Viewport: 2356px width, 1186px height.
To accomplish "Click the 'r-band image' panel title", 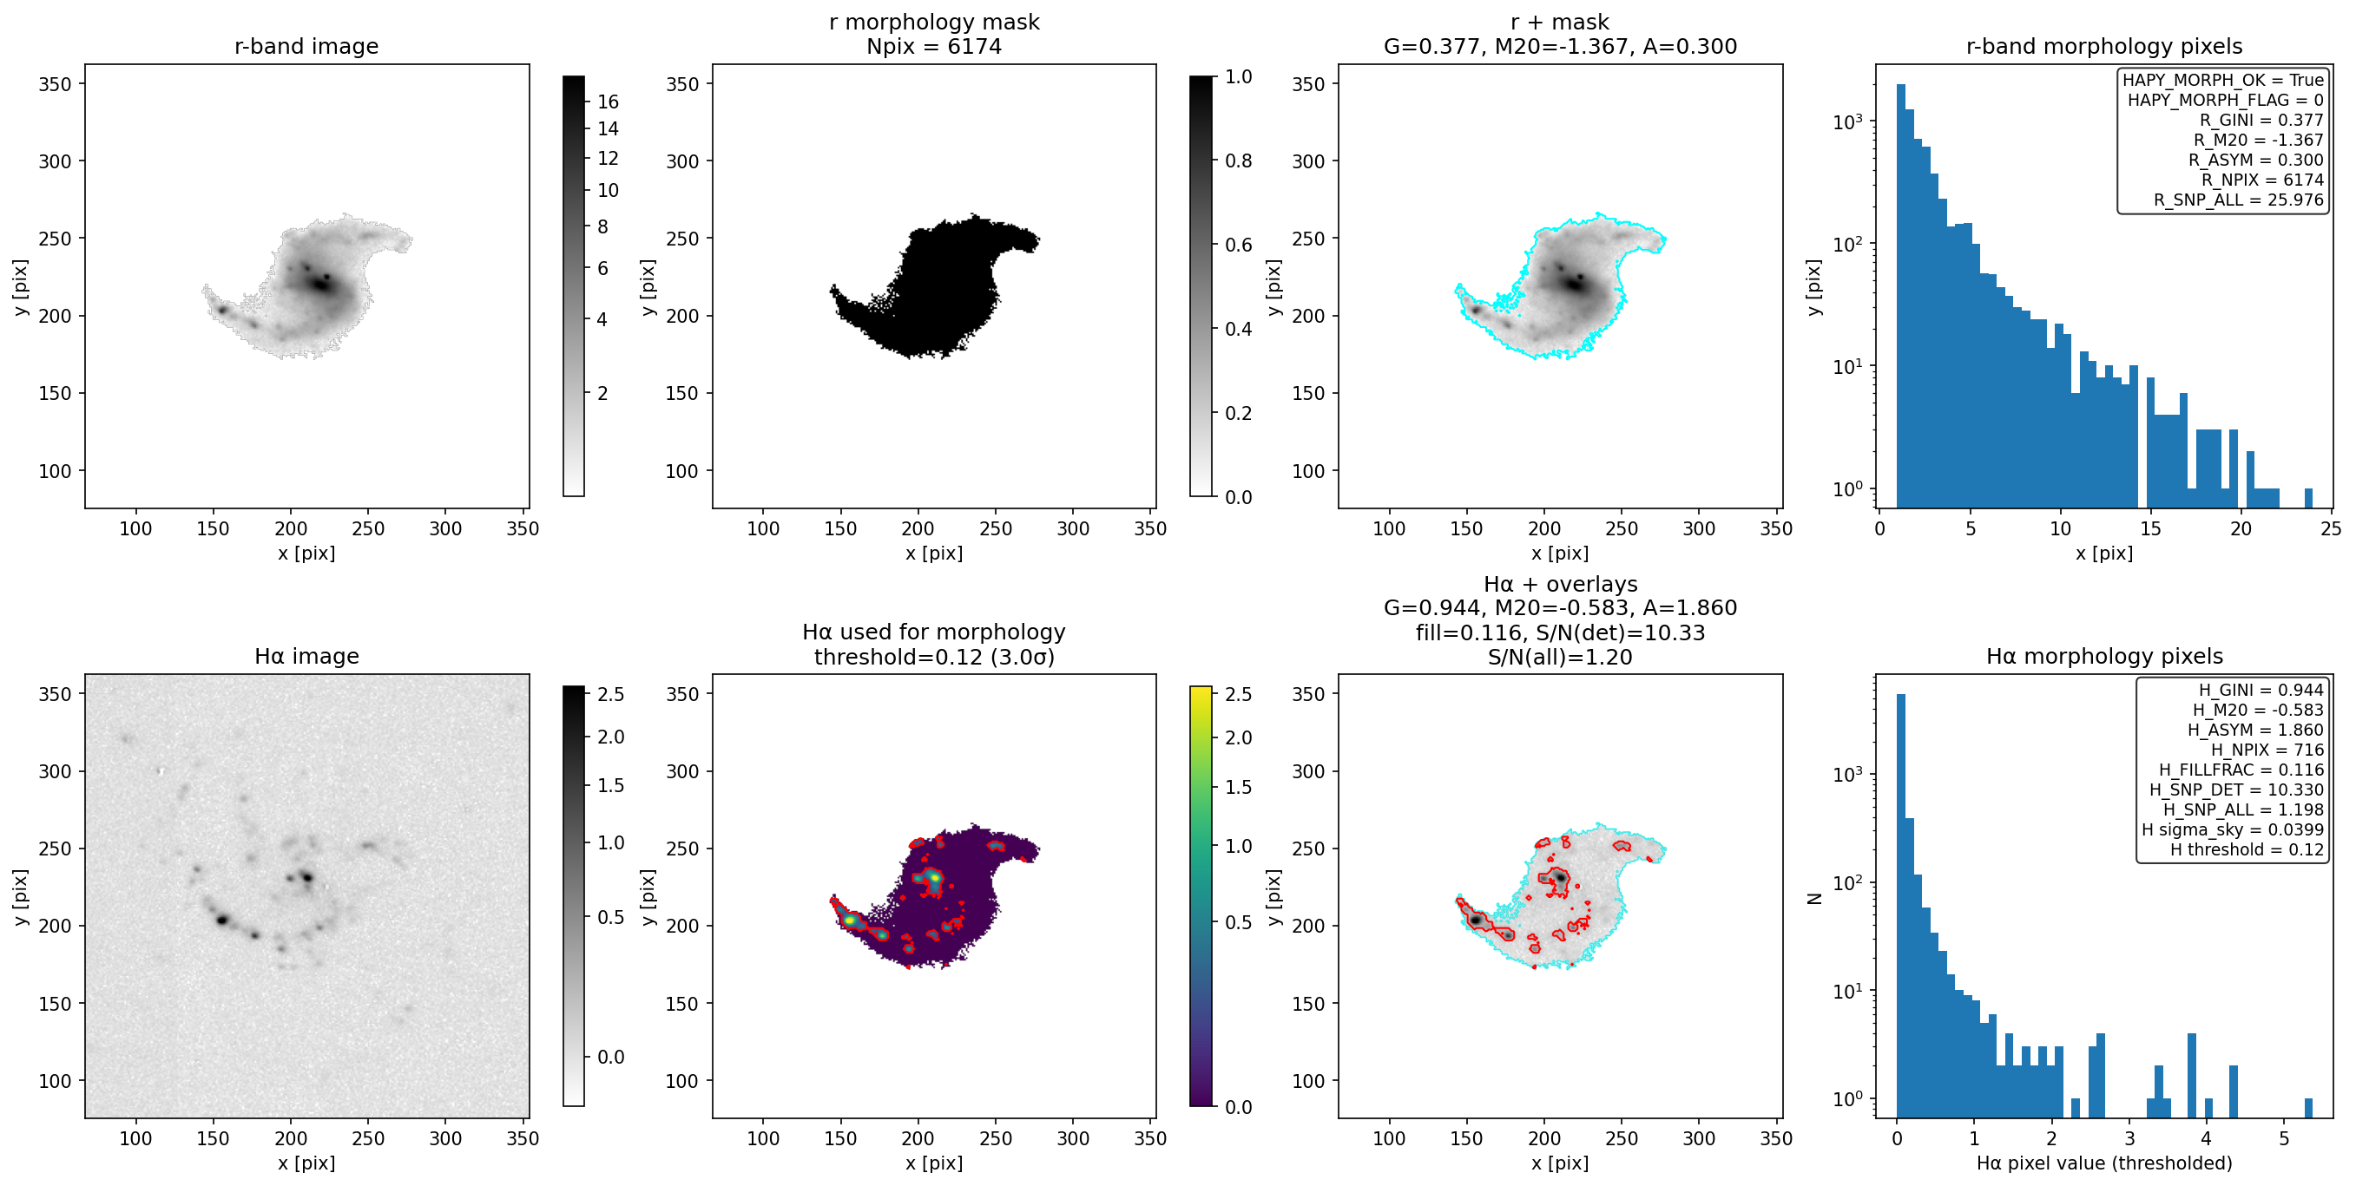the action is tap(306, 46).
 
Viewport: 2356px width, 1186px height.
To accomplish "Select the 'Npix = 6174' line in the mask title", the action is tap(934, 46).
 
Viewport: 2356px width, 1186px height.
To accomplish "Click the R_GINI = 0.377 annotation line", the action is tap(2261, 120).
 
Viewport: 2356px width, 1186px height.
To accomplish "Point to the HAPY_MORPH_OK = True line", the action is tap(2222, 80).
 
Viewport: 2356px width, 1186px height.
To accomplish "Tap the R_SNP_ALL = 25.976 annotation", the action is tap(2238, 200).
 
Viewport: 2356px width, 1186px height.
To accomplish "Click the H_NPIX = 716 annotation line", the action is tap(2267, 750).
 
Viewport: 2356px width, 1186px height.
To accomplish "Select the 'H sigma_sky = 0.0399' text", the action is tap(2233, 829).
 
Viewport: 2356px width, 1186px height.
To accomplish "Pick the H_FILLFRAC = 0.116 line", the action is tap(2241, 770).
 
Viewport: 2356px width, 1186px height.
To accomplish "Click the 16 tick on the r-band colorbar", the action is tap(609, 102).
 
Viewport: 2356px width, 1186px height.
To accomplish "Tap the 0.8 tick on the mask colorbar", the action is tap(1239, 161).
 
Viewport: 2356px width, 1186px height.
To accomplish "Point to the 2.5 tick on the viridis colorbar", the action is tap(1239, 694).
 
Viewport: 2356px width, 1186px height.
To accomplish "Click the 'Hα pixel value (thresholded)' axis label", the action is tap(2103, 1163).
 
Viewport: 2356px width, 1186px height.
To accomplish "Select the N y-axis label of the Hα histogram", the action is tap(1814, 899).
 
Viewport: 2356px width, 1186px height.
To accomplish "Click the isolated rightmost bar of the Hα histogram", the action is tap(2308, 1108).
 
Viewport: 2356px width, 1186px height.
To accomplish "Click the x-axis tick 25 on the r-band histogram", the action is tap(2330, 528).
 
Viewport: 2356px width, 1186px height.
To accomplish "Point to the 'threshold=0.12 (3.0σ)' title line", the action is tap(934, 657).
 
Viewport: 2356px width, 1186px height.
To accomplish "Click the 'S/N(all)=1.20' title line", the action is tap(1559, 657).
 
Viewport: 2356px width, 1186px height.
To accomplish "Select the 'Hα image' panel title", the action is tap(306, 656).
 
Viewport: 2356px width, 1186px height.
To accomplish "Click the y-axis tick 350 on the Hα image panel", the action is tap(54, 694).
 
